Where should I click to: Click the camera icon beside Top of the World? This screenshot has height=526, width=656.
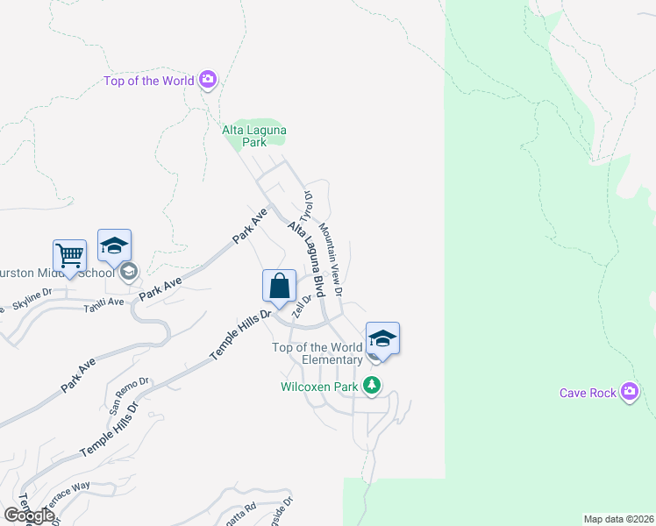point(208,81)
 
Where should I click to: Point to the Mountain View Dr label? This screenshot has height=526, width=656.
point(330,258)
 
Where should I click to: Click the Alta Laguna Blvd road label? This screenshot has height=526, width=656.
point(303,259)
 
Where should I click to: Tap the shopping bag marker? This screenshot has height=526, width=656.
point(279,286)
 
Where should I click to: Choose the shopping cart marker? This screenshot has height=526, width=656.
point(69,256)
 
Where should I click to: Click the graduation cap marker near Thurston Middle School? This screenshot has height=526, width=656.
point(114,246)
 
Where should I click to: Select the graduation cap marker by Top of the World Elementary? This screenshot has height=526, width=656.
point(382,338)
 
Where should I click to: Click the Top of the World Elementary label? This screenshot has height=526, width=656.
point(317,353)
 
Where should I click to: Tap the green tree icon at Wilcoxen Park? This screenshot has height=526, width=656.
point(373,386)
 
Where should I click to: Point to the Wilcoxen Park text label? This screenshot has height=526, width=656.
point(319,387)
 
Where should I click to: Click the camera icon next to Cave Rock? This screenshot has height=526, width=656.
point(630,392)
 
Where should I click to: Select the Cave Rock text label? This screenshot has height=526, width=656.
point(588,393)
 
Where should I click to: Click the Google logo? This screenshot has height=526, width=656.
point(28,515)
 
